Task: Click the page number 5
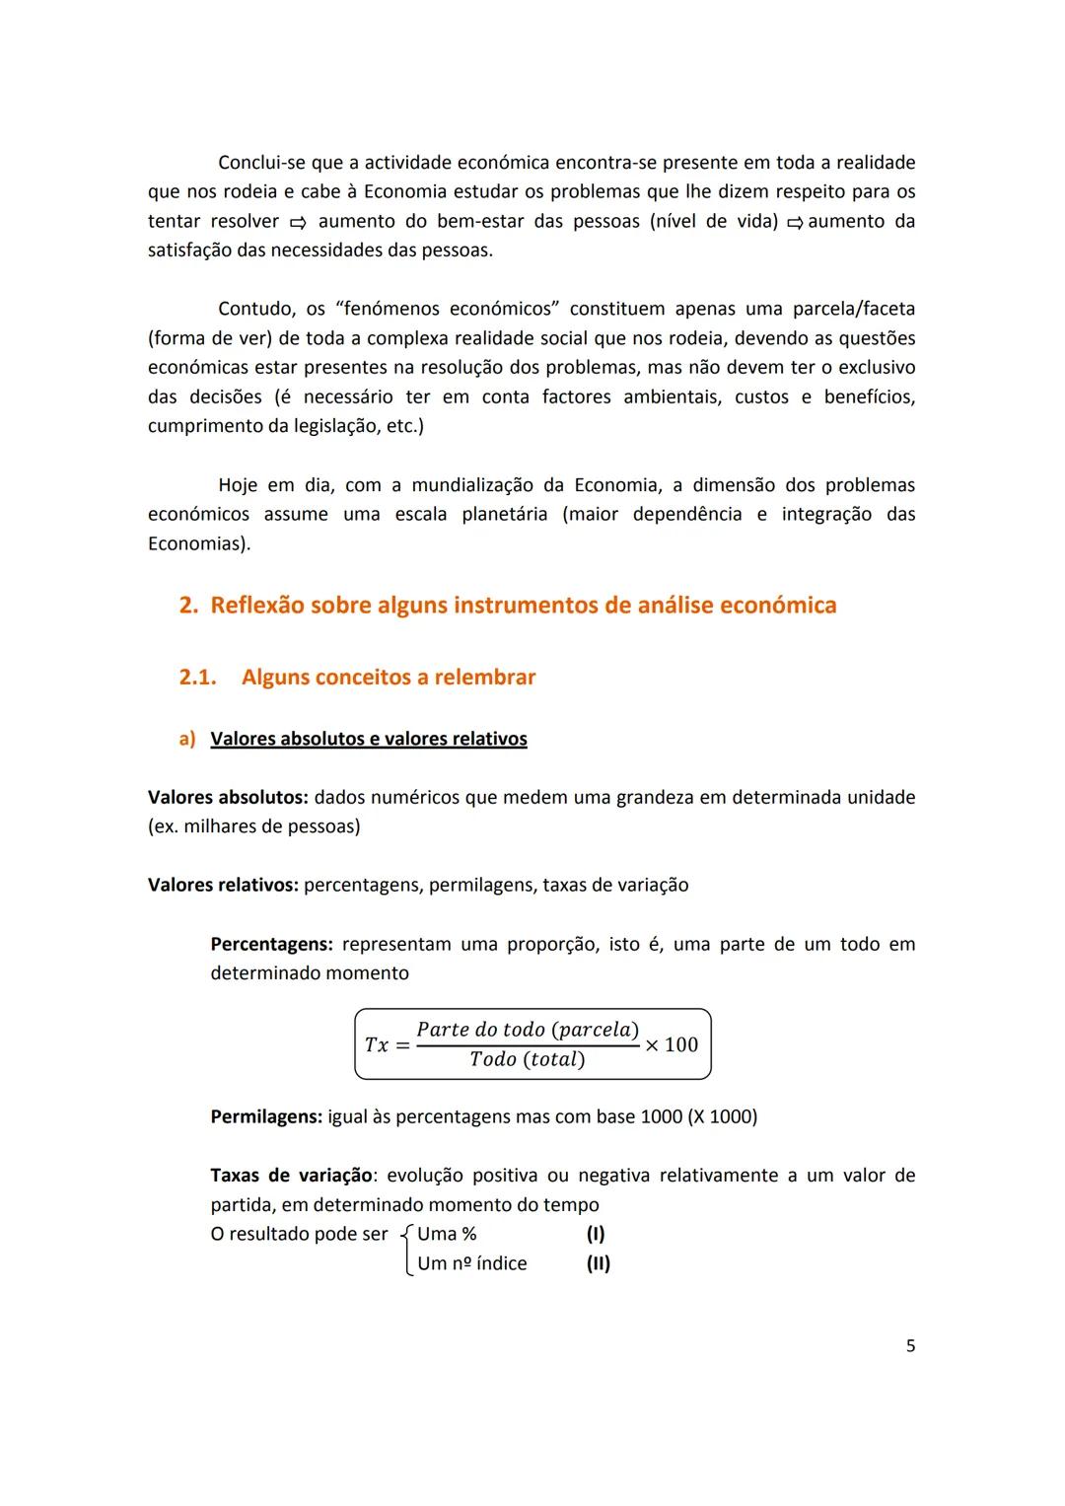coord(910,1345)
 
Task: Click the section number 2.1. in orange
coord(197,678)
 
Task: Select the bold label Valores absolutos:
coord(228,797)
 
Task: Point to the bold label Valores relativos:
coord(223,885)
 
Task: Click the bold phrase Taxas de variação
coord(291,1176)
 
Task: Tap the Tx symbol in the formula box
coord(377,1044)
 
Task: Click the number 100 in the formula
coord(680,1044)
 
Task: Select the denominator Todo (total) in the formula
coord(527,1059)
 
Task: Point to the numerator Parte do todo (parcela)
coord(528,1030)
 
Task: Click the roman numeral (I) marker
coord(596,1234)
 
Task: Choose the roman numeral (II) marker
coord(599,1263)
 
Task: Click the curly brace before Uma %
coord(407,1249)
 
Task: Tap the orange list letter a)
coord(187,739)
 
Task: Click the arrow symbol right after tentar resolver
coord(297,222)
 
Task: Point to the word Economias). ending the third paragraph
coord(199,543)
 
